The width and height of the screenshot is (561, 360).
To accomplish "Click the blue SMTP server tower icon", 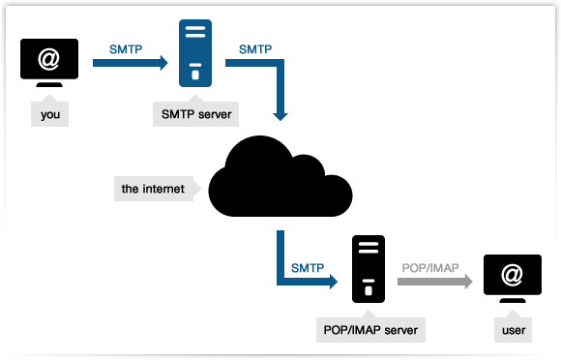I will coord(195,54).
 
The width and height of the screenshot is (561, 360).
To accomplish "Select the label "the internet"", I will coord(153,188).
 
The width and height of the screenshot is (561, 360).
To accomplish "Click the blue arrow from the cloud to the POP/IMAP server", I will coord(300,282).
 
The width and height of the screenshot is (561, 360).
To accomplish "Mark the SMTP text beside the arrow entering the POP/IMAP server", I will coord(308,265).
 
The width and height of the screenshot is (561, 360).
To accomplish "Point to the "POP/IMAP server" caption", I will coord(371,330).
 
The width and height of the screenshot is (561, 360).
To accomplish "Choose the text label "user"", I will coord(514,330).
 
